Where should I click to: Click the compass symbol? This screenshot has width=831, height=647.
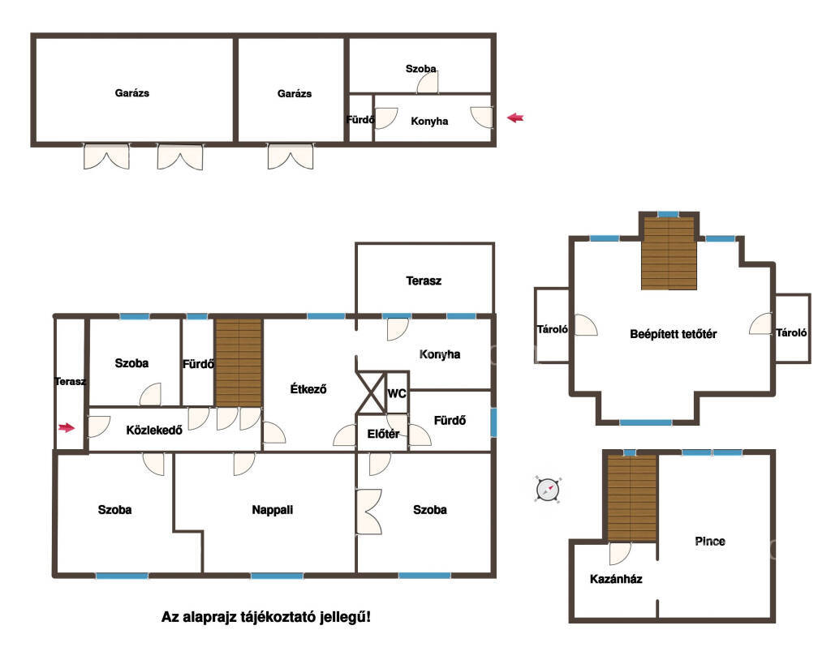[x=548, y=489]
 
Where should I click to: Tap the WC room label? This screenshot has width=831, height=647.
[x=396, y=393]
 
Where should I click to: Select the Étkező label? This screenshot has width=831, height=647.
[x=308, y=389]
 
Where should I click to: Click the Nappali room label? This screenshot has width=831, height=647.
[x=273, y=510]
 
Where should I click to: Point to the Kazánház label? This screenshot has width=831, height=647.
[x=616, y=579]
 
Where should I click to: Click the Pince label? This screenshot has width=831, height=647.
[x=709, y=541]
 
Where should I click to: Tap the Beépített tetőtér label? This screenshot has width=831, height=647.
[x=673, y=334]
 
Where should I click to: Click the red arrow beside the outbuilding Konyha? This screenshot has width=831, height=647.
[x=515, y=118]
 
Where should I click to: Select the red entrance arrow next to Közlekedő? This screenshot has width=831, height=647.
[x=67, y=427]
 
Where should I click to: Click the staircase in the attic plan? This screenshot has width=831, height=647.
[x=669, y=254]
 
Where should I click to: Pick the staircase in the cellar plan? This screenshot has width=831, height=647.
[x=631, y=498]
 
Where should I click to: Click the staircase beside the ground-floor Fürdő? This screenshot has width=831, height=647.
[x=239, y=362]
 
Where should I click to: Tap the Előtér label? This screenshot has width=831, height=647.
[x=383, y=434]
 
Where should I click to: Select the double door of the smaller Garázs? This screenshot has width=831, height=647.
[x=290, y=156]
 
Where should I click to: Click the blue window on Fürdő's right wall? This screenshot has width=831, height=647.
[x=493, y=422]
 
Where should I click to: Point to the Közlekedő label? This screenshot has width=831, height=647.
[x=154, y=430]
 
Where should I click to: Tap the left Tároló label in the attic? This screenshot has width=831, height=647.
[x=552, y=329]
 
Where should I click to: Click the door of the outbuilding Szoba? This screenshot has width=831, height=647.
[x=428, y=82]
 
